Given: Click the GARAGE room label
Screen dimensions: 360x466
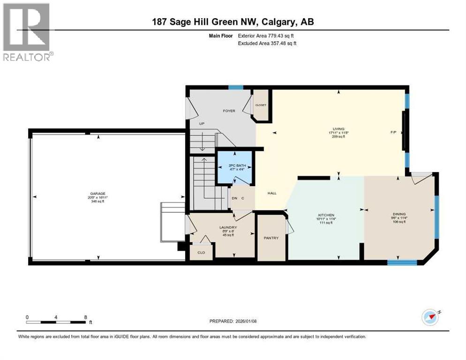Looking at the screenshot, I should [x=98, y=193].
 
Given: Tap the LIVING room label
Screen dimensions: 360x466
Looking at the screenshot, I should [x=338, y=129].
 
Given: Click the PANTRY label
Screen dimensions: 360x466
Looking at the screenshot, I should [x=271, y=238].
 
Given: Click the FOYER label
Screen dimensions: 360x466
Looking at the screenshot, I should [x=229, y=111].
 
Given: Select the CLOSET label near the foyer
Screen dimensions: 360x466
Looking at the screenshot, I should [x=261, y=105].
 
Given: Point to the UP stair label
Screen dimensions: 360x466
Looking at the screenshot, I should [x=202, y=124].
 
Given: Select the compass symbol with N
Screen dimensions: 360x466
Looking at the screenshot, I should [x=430, y=317].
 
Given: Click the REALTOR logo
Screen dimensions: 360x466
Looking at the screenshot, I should [x=27, y=32].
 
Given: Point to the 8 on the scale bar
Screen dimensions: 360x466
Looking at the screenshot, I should [x=85, y=317].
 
